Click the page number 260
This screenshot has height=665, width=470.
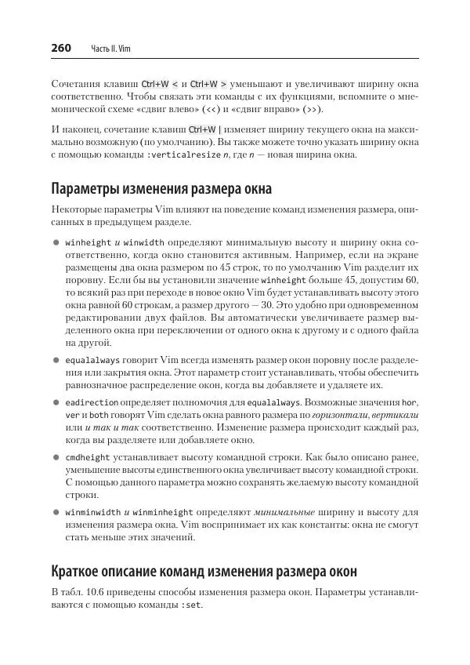click(61, 48)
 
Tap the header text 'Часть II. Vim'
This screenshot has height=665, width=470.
click(110, 49)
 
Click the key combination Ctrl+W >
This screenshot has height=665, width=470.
click(208, 83)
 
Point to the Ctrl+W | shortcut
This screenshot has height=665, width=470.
click(205, 129)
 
